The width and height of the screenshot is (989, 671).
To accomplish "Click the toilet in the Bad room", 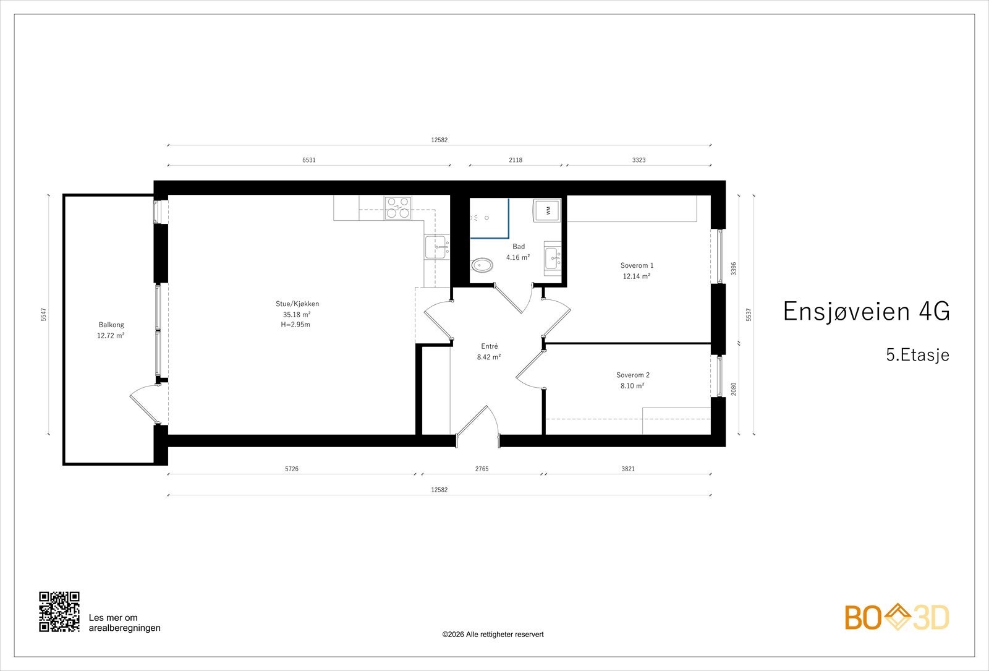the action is pyautogui.click(x=482, y=265).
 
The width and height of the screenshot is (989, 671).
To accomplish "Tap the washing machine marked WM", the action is pyautogui.click(x=547, y=210).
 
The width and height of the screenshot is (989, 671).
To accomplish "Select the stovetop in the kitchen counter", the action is pyautogui.click(x=397, y=208).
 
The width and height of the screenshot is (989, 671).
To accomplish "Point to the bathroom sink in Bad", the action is pyautogui.click(x=553, y=259).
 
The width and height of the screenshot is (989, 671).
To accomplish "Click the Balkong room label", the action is pyautogui.click(x=111, y=325).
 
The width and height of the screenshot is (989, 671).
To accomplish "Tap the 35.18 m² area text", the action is pyautogui.click(x=297, y=315).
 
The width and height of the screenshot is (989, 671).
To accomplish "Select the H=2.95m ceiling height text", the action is pyautogui.click(x=295, y=325).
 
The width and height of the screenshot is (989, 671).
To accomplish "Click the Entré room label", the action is pyautogui.click(x=489, y=346).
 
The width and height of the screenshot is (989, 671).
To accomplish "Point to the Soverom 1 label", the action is pyautogui.click(x=637, y=265).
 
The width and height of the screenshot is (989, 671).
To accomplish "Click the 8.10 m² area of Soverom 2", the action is pyautogui.click(x=632, y=386).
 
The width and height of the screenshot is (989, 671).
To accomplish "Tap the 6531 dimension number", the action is pyautogui.click(x=309, y=160).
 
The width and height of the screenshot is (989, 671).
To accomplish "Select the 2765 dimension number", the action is pyautogui.click(x=482, y=469).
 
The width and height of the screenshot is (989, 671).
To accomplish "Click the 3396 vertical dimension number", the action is pyautogui.click(x=734, y=268).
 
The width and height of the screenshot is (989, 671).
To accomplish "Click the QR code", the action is pyautogui.click(x=59, y=612).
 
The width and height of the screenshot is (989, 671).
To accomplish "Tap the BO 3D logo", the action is pyautogui.click(x=897, y=617).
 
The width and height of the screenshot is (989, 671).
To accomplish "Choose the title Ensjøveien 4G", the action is pyautogui.click(x=866, y=311).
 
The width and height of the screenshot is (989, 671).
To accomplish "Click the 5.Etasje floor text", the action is pyautogui.click(x=917, y=355).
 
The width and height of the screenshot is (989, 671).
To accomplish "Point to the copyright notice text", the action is pyautogui.click(x=493, y=635).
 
